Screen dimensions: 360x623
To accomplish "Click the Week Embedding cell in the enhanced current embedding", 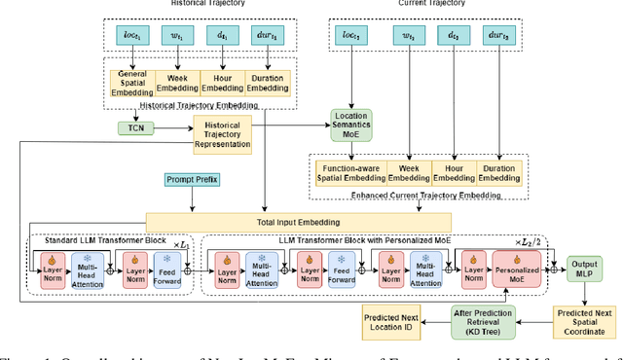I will coord(412,173).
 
